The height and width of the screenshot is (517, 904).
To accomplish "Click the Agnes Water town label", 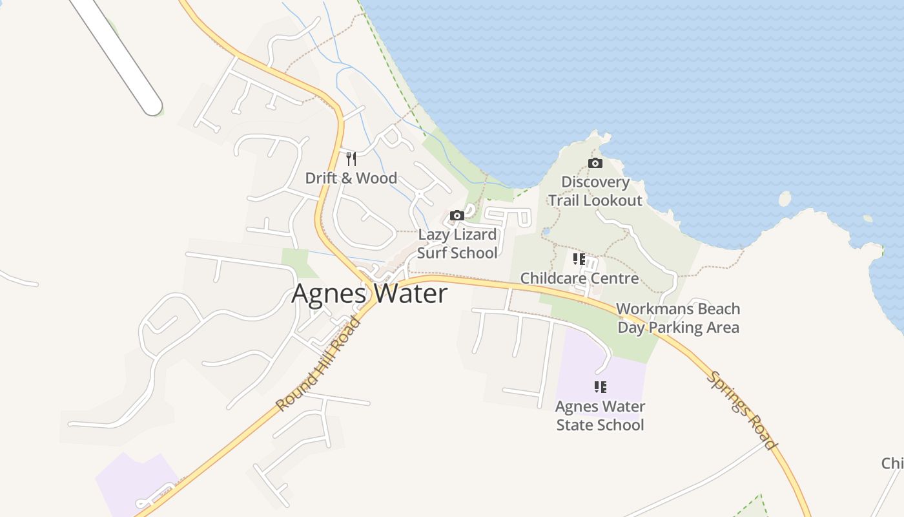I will pyautogui.click(x=369, y=294).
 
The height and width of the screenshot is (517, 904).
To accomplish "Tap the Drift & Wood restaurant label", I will pyautogui.click(x=351, y=178).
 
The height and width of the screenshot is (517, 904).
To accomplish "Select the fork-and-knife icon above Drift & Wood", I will pyautogui.click(x=351, y=158).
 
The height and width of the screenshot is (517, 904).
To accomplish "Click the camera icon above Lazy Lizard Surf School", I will pyautogui.click(x=457, y=215).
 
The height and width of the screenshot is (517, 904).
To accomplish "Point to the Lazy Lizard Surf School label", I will pyautogui.click(x=457, y=244).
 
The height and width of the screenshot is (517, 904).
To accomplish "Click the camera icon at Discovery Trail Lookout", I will pyautogui.click(x=595, y=163).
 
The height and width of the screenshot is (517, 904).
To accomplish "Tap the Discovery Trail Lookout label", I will pyautogui.click(x=595, y=191).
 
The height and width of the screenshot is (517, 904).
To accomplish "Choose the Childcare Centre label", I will pyautogui.click(x=579, y=279).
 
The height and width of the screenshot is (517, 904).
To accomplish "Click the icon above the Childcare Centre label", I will pyautogui.click(x=579, y=259).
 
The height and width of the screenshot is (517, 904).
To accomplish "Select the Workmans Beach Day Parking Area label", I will pyautogui.click(x=678, y=318).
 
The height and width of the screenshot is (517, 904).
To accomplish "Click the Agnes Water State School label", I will pyautogui.click(x=600, y=416).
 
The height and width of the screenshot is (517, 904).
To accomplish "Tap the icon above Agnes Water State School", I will pyautogui.click(x=600, y=387).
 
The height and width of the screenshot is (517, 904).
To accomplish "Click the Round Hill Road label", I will pyautogui.click(x=318, y=364).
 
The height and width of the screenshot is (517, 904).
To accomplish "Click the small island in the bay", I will pyautogui.click(x=785, y=198).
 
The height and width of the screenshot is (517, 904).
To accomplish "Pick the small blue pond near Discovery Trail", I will pyautogui.click(x=546, y=231).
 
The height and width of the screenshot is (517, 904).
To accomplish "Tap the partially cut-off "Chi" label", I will pyautogui.click(x=892, y=463).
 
